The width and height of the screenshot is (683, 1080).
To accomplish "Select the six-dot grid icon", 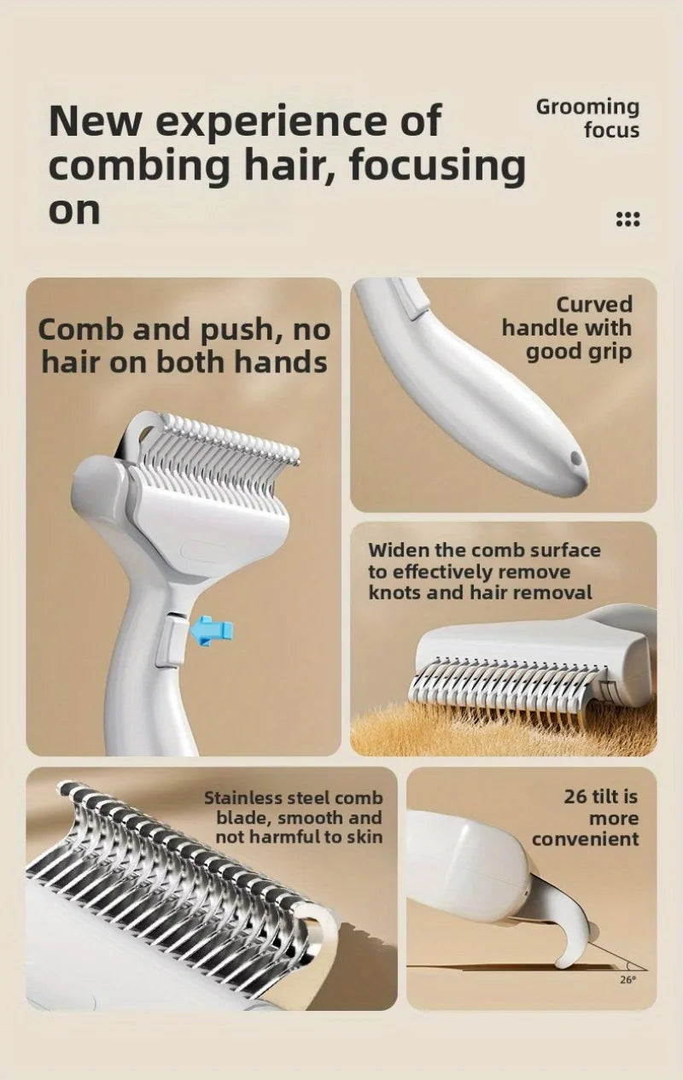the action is tap(628, 219).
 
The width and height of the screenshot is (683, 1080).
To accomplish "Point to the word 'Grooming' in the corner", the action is tap(587, 107).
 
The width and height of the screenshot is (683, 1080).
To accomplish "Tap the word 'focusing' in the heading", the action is tap(438, 166).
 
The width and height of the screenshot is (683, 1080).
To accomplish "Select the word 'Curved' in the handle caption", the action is tap(594, 304).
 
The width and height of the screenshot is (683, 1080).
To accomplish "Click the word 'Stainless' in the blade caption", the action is tap(243, 798).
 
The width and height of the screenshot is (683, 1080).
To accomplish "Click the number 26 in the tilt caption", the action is tap(575, 797).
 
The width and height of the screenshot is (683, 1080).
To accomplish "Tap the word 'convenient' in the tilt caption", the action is tap(585, 839).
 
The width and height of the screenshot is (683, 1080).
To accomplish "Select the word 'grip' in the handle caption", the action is tap(612, 353).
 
